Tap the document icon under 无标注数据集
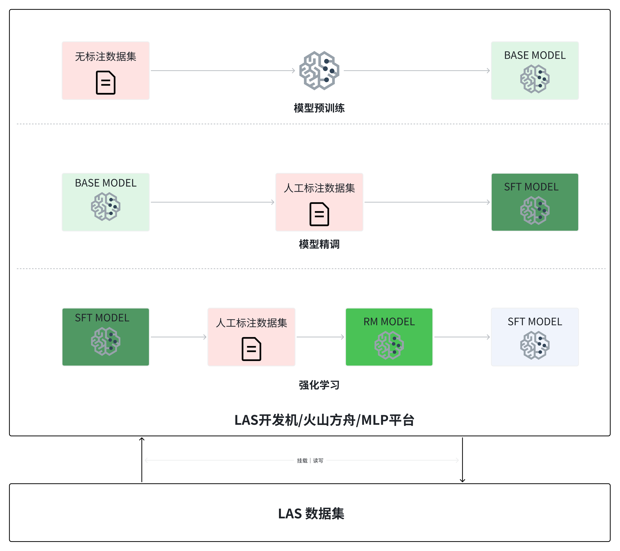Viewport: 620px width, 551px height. (106, 83)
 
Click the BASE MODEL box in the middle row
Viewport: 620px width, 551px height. (106, 202)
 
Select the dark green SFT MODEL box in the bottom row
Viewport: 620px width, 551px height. (106, 337)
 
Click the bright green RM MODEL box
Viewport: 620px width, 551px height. (389, 337)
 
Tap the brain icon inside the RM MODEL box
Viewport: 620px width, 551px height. (389, 345)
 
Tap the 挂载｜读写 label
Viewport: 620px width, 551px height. (310, 460)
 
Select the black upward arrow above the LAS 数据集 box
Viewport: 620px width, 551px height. (142, 459)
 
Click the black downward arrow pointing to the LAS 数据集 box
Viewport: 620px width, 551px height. (462, 459)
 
